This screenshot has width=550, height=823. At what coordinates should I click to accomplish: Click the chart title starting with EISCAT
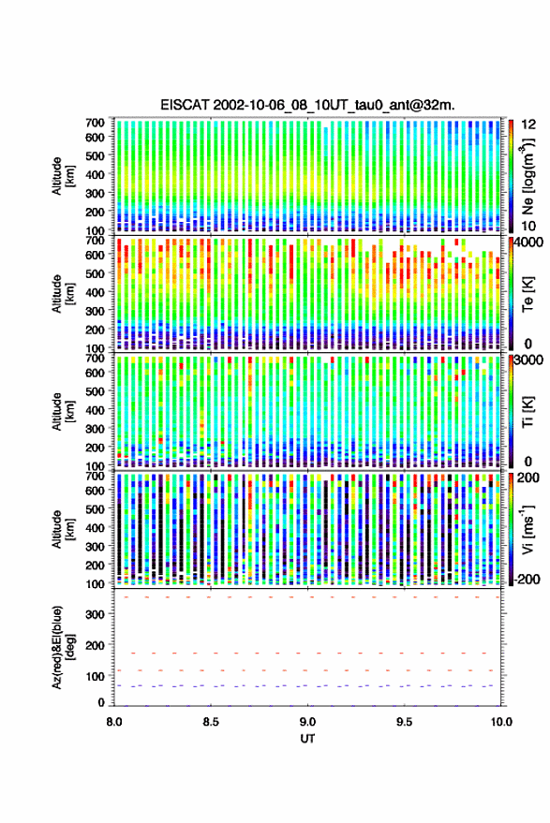[x=308, y=105]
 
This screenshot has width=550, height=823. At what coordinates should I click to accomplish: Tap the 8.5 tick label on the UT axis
[x=211, y=722]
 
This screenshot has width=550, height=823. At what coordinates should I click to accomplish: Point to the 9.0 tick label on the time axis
[x=308, y=722]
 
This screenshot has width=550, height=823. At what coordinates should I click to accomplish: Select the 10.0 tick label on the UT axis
[x=501, y=722]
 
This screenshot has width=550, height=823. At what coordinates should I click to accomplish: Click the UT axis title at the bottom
[x=308, y=739]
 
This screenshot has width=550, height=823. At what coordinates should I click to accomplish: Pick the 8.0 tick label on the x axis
[x=114, y=722]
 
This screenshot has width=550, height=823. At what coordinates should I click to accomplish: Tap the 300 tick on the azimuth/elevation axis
[x=95, y=614]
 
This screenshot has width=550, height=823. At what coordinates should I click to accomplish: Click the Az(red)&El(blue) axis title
[x=62, y=648]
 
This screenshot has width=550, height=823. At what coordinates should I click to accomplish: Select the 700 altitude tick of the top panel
[x=95, y=123]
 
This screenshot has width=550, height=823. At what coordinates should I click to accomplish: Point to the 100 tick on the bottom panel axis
[x=95, y=677]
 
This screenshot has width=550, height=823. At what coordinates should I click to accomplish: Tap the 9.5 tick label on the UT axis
[x=405, y=722]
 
